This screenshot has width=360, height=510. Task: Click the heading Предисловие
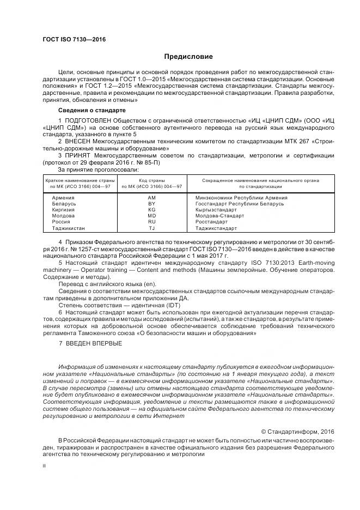[x=188, y=57]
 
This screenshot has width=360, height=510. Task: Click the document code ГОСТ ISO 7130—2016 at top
[x=74, y=40]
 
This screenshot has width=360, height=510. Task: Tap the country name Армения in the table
[x=63, y=197]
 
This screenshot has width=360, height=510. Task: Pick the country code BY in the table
[x=152, y=203]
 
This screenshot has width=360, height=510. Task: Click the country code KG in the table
[x=152, y=209]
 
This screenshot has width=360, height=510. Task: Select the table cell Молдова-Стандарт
[x=220, y=216]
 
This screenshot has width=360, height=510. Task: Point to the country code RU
[x=152, y=222]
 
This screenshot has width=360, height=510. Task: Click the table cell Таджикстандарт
[x=217, y=228]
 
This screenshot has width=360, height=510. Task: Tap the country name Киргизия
[x=64, y=209]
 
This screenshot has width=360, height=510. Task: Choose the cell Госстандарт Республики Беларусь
[x=240, y=203]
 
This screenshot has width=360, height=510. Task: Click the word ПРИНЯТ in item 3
[x=78, y=155]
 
